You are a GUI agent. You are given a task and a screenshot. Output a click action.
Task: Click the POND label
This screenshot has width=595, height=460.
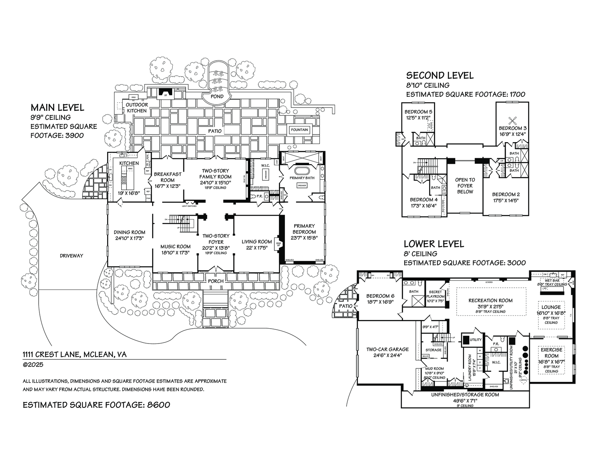[217, 96]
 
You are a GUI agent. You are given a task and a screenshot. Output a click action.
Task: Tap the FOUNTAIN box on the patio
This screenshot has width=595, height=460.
[300, 130]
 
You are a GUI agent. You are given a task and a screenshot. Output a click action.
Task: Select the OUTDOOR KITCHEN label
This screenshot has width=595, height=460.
[137, 108]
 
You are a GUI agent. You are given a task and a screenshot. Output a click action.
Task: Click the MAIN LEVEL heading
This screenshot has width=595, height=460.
[57, 108]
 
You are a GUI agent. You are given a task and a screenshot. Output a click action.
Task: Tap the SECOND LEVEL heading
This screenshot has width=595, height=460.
[440, 76]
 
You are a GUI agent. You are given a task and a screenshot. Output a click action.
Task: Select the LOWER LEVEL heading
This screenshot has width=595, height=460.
[434, 244]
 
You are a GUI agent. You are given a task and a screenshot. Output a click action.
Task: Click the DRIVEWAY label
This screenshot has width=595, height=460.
[71, 256]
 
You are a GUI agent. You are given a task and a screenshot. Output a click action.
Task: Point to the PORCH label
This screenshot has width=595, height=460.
[216, 281]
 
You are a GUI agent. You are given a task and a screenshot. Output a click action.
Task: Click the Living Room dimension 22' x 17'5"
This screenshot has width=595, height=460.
[257, 247]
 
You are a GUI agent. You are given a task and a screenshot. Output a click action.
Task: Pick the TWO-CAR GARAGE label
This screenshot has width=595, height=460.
[387, 349]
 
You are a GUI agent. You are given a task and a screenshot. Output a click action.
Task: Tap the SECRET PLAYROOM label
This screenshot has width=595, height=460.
[435, 294]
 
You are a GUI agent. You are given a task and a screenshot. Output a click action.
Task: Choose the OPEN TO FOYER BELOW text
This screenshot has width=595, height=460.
[465, 186]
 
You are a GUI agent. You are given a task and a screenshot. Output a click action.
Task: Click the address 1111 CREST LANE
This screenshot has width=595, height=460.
[74, 354]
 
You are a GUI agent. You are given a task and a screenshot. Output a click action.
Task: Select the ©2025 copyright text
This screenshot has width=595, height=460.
[33, 365]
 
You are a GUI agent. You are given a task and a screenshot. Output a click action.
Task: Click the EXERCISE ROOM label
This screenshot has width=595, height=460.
[552, 352]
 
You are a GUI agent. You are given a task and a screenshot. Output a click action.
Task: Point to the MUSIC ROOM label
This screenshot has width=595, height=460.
[176, 246]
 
